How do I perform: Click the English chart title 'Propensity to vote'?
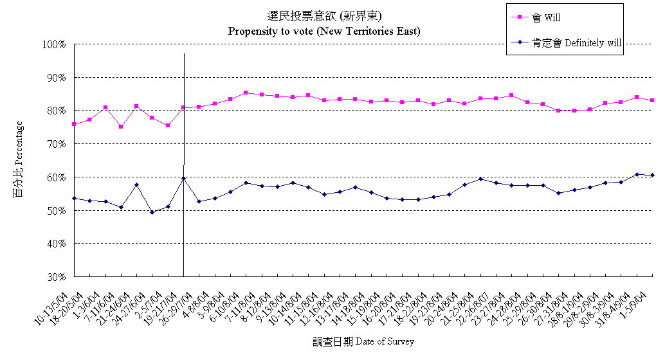324,30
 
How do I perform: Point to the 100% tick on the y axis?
54,44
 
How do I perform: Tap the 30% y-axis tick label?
56,277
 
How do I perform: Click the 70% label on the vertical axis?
56,144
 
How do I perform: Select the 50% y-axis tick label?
56,210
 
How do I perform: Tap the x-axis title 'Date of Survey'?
364,341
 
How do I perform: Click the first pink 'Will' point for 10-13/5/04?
74,124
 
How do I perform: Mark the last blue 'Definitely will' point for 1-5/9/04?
652,175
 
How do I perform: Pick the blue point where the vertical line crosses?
183,178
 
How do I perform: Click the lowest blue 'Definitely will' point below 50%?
152,212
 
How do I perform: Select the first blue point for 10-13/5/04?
74,198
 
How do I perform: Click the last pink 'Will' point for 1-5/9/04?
652,100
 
